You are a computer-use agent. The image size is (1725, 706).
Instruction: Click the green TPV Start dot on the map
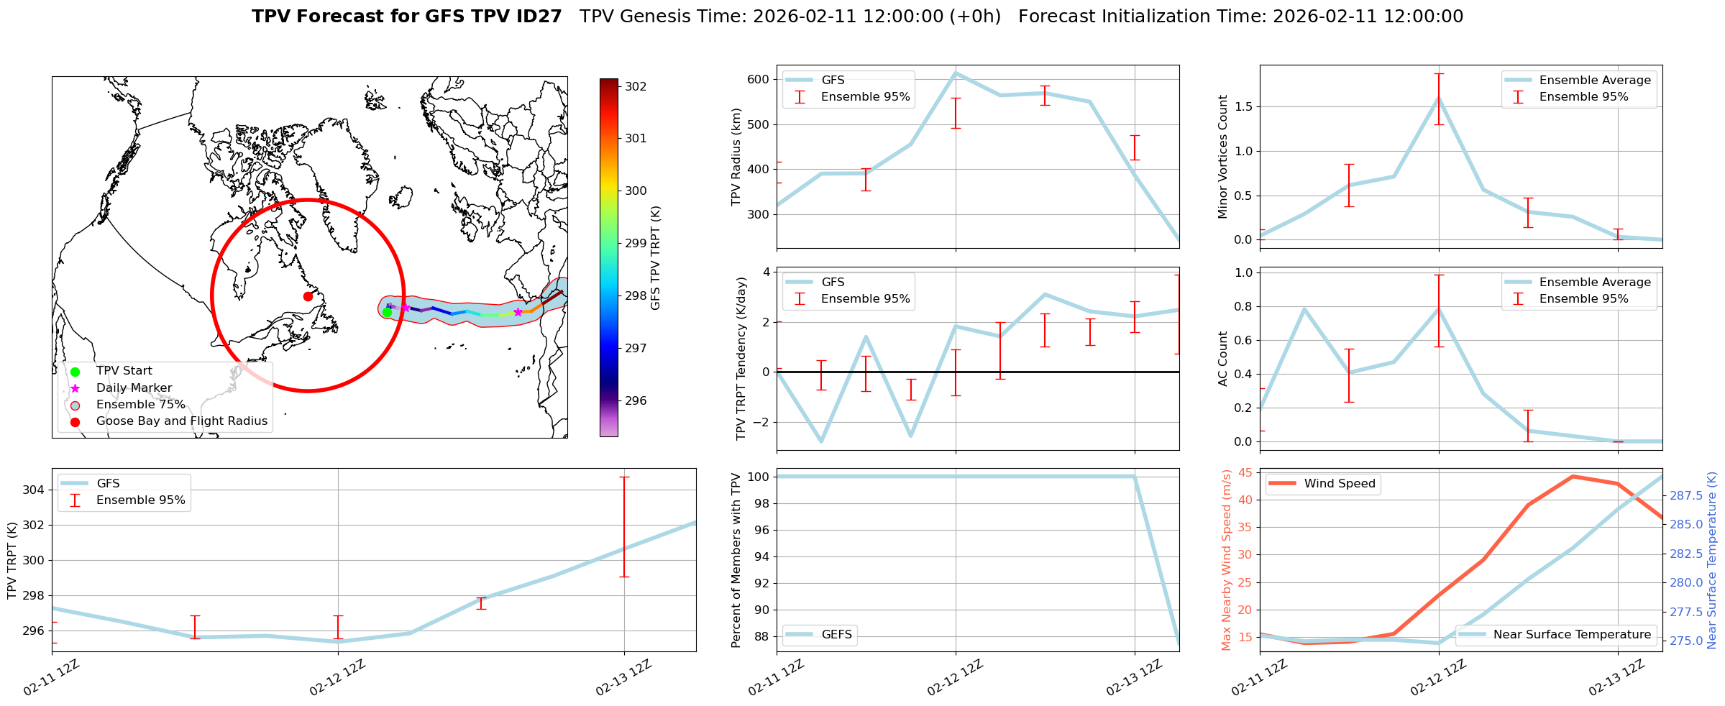pos(387,312)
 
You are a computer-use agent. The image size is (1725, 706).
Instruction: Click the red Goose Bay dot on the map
pos(308,296)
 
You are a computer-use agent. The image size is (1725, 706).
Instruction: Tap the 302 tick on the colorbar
pos(635,86)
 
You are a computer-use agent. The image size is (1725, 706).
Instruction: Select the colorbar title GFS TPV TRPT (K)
pos(655,257)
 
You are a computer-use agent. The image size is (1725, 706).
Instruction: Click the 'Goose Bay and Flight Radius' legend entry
pos(181,421)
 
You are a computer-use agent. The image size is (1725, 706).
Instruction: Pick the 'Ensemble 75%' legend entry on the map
pos(140,405)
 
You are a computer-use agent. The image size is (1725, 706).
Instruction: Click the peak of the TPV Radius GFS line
pos(956,73)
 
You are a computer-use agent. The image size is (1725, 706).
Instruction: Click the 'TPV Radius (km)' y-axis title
pos(736,157)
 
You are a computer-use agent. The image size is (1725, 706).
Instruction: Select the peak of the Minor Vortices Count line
pos(1439,98)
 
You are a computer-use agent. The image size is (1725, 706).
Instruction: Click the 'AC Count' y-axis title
pos(1223,359)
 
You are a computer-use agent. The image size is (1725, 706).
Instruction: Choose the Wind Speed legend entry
pos(1339,484)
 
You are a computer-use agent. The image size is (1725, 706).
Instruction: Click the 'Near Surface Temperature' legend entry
pos(1572,635)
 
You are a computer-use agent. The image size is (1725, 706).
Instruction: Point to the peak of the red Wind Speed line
pos(1573,476)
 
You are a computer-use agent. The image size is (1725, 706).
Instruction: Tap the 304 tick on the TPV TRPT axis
pos(34,490)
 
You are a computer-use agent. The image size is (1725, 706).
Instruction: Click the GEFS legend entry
pos(836,635)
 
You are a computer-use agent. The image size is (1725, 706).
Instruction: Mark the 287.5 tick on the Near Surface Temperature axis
pos(1685,495)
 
